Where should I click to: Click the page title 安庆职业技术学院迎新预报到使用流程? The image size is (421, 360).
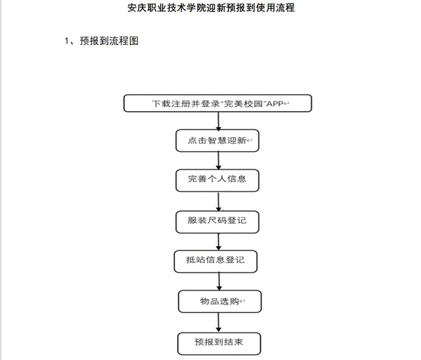211,8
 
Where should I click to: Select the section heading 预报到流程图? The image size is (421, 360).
109,41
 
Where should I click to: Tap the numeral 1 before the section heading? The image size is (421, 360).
67,41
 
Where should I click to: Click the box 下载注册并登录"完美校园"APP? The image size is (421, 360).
218,103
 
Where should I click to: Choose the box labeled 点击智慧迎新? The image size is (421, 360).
217,141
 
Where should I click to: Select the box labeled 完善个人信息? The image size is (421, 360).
217,180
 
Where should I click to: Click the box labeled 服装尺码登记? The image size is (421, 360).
217,222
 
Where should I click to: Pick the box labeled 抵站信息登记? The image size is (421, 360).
216,262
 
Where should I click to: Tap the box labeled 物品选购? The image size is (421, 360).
220,301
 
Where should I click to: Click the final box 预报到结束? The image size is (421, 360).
219,344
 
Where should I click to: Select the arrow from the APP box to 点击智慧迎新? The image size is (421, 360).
219,121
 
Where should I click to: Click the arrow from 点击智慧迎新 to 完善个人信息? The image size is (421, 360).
219,160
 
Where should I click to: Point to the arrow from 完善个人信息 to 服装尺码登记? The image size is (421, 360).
219,202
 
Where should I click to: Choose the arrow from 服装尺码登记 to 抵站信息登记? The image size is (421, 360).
219,242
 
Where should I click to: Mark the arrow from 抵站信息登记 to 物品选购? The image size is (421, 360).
219,281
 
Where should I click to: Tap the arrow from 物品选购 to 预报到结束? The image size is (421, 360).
219,323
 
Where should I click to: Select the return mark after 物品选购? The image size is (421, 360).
242,302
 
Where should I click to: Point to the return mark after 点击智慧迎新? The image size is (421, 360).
250,141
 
